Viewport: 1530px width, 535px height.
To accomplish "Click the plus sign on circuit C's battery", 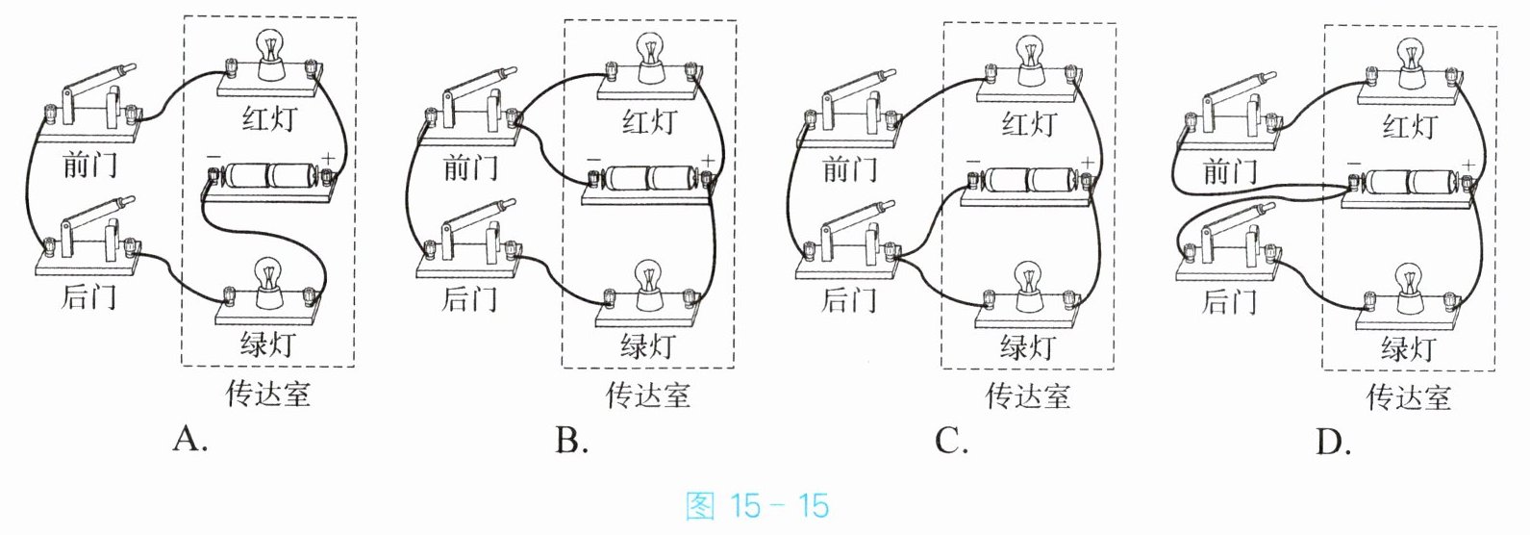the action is [x=1087, y=163].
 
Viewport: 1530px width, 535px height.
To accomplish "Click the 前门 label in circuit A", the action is [x=89, y=165].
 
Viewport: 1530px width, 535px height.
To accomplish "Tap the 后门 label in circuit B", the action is [x=470, y=299].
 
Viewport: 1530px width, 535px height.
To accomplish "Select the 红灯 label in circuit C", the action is [x=1029, y=124].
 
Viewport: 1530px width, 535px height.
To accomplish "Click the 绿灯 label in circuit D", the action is [x=1409, y=348].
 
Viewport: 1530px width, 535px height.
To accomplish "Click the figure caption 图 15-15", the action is [x=758, y=506].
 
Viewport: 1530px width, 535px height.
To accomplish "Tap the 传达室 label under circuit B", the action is [x=648, y=395].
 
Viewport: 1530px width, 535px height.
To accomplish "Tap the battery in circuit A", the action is [x=268, y=175].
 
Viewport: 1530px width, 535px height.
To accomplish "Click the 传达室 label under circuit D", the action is [x=1409, y=397].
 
